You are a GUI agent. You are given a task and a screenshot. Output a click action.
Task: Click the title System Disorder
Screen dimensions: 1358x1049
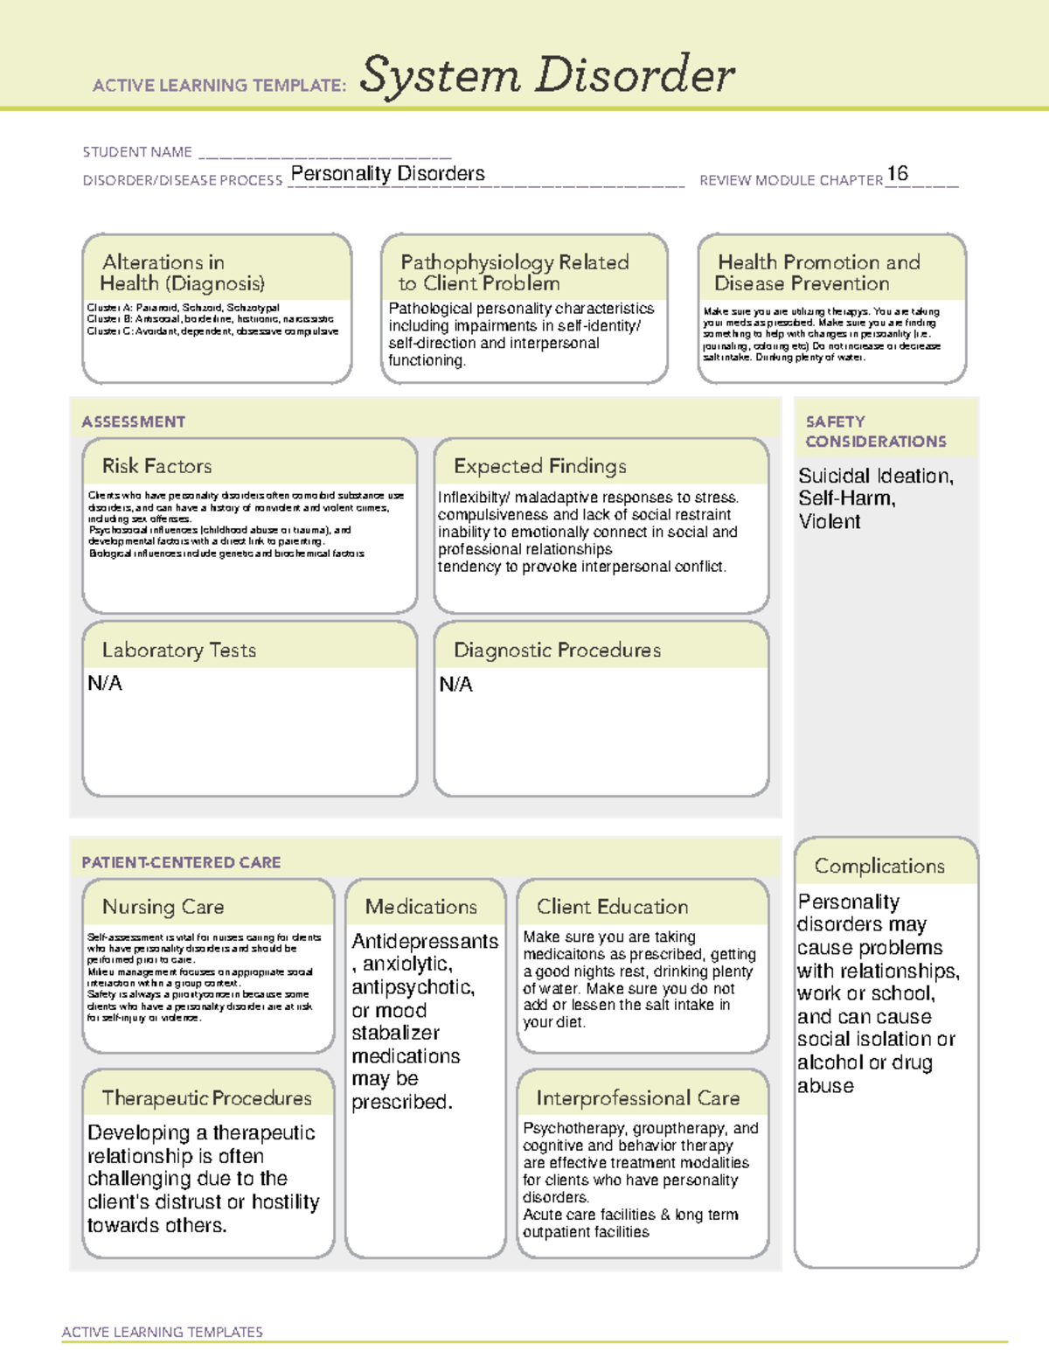[x=546, y=75]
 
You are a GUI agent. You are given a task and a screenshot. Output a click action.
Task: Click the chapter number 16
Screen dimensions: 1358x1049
[x=897, y=173]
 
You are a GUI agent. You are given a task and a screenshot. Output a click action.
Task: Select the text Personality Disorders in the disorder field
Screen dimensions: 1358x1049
[x=387, y=174]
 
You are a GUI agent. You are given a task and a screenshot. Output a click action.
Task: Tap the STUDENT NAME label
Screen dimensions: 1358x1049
[x=137, y=152]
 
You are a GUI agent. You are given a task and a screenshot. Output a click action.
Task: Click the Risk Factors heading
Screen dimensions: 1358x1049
[x=156, y=466]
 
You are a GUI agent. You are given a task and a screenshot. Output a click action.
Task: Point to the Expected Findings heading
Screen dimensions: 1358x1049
[x=539, y=466]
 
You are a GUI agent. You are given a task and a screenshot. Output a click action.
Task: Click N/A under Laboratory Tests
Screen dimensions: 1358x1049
[x=105, y=684]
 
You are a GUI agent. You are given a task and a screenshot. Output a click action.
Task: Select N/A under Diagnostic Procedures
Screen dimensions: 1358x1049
[x=455, y=685]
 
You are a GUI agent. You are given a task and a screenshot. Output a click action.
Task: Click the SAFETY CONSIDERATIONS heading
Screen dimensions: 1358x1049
[x=875, y=432]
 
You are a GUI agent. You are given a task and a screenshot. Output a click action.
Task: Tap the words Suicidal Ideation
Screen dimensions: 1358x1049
[x=875, y=476]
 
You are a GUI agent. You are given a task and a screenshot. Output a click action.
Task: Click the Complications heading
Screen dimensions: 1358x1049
[x=879, y=866]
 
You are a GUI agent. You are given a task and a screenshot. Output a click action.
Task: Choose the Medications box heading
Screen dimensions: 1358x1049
[x=421, y=907]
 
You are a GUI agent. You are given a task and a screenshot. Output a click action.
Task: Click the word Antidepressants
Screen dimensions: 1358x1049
[x=425, y=942]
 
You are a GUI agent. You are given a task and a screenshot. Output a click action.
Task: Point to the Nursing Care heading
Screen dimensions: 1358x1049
[x=163, y=907]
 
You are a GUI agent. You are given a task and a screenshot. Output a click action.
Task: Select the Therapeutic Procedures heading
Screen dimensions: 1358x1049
[x=206, y=1098]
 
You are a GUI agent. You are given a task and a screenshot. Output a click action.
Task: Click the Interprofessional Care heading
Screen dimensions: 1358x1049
[x=637, y=1098]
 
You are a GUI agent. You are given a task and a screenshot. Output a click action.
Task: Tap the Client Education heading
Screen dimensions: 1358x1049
[x=612, y=907]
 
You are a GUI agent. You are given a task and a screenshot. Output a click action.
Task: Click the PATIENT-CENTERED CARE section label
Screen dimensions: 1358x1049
[x=181, y=862]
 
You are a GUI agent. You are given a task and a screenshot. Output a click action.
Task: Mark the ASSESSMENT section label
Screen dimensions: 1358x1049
[x=134, y=421]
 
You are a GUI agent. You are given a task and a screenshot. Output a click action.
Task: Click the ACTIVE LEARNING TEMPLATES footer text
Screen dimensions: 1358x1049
[x=163, y=1332]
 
